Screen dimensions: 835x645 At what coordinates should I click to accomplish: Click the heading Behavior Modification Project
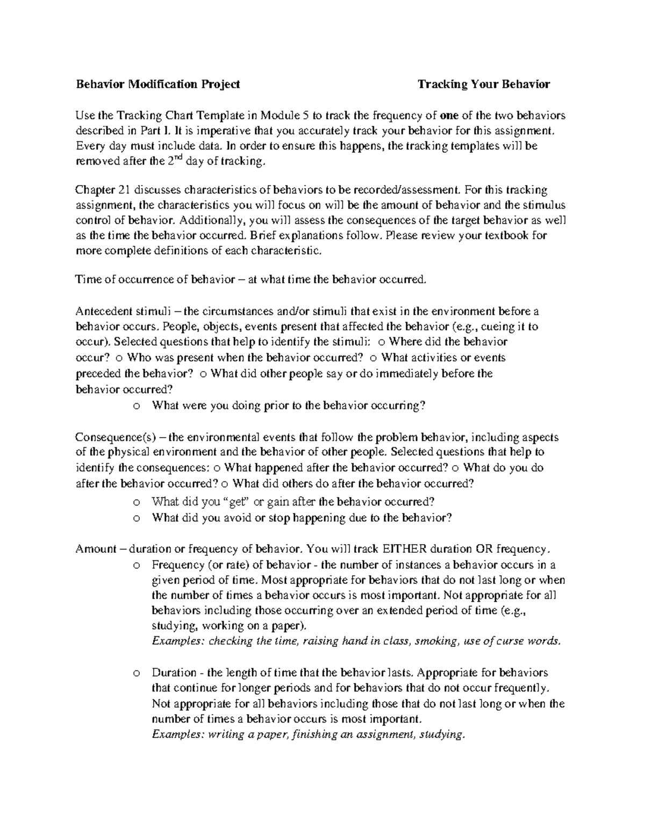pos(157,84)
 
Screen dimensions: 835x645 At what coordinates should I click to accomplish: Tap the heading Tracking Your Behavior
pos(484,84)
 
